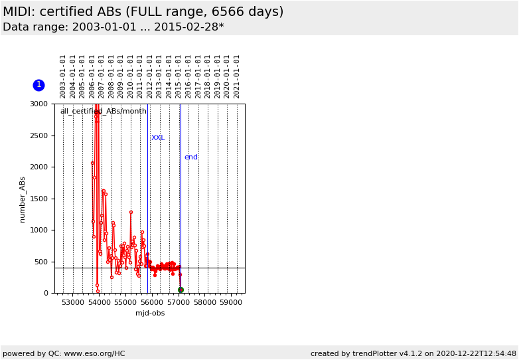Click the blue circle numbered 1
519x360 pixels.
pos(38,85)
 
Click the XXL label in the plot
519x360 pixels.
pos(158,138)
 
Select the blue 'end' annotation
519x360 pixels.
pos(191,157)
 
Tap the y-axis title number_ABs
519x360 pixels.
pos(22,199)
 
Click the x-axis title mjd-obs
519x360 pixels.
pos(150,313)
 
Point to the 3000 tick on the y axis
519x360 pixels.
pos(39,104)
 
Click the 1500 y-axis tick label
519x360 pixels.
pos(39,199)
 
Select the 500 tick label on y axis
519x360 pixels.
pos(42,262)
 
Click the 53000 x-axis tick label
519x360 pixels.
pos(73,302)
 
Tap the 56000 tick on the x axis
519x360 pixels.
pos(152,302)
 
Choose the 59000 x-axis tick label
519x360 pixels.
pos(231,302)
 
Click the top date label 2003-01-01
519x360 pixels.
pos(63,76)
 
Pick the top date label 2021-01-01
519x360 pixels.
pos(237,76)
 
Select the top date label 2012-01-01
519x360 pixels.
pos(150,76)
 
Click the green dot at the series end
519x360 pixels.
pos(181,290)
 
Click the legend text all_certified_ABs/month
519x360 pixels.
pos(103,112)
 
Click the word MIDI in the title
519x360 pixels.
pos(19,12)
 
